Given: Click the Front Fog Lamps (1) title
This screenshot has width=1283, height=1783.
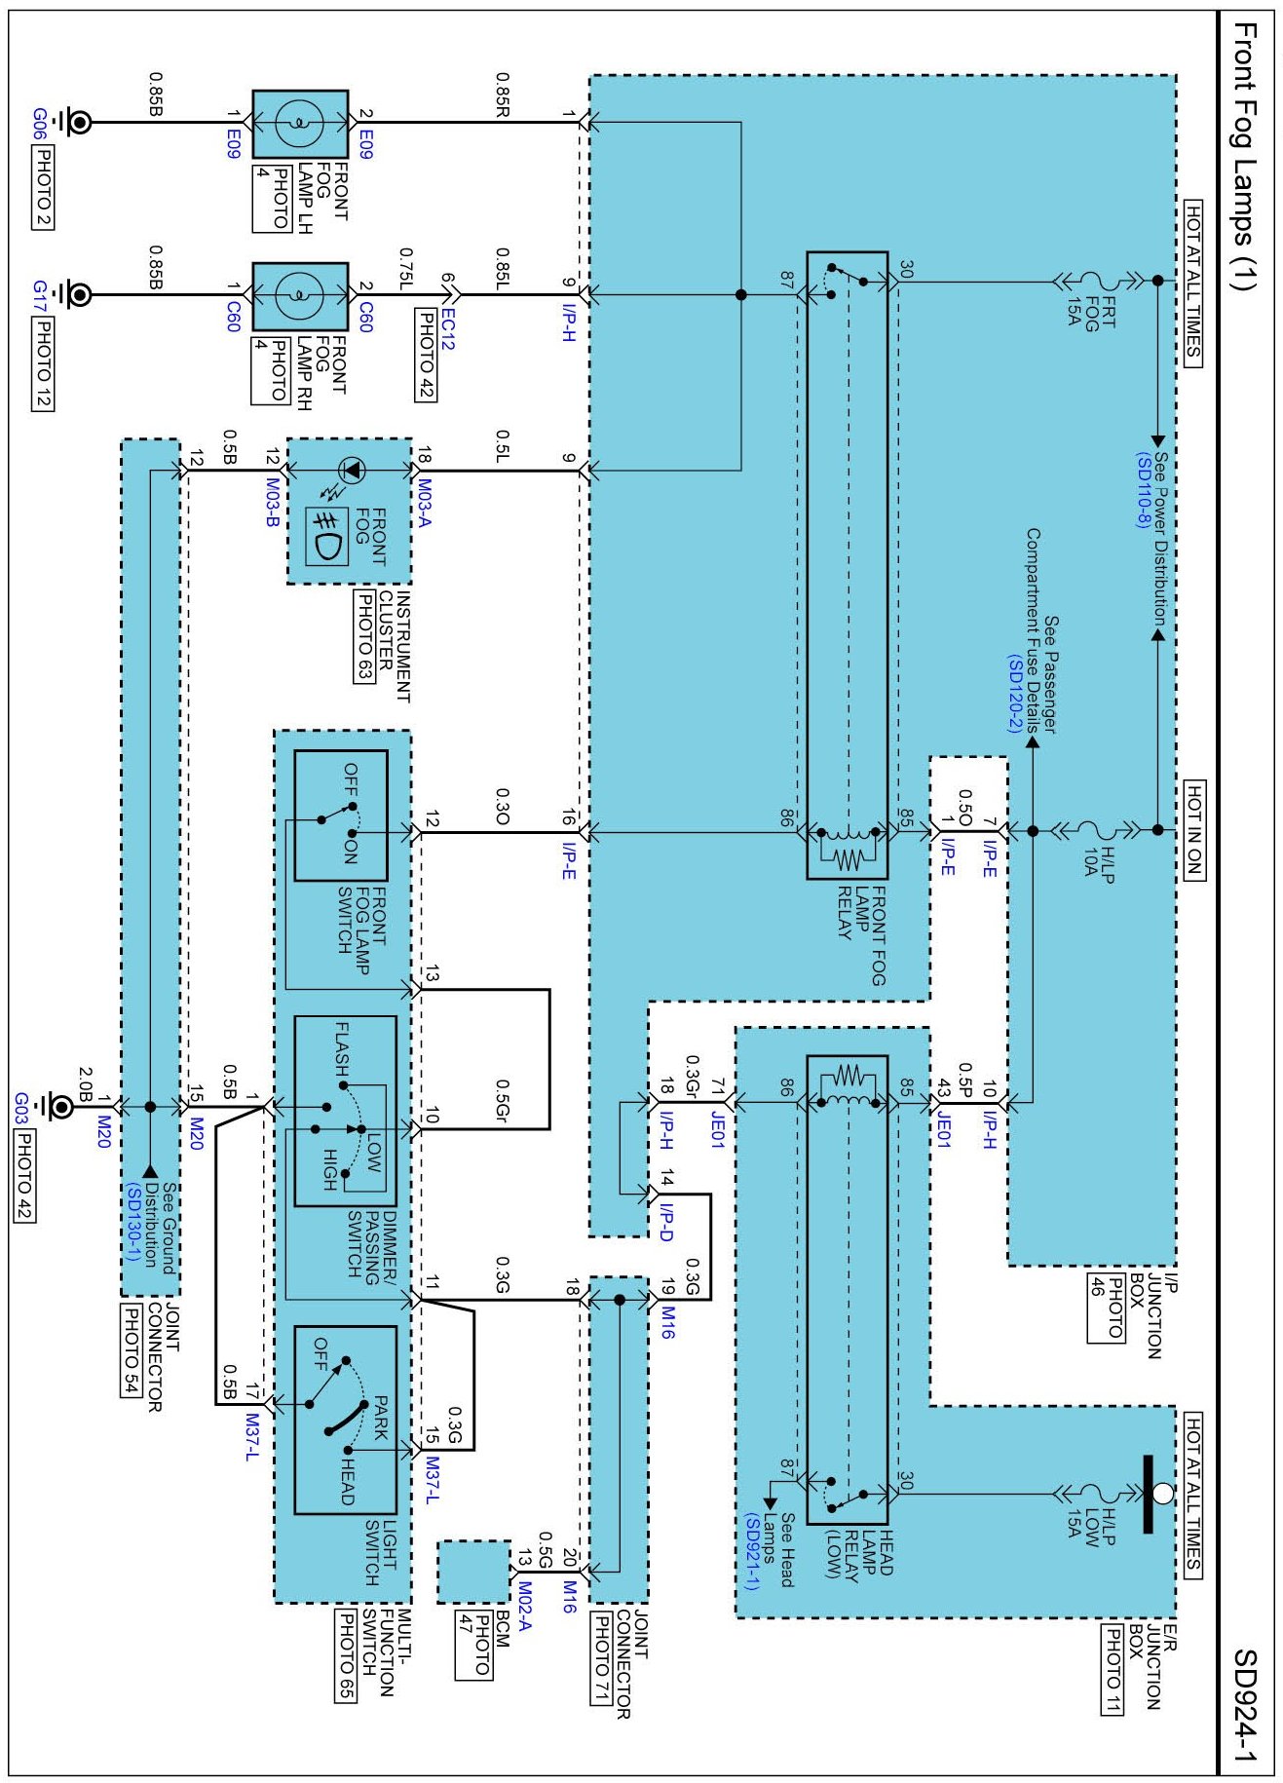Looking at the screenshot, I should [1245, 156].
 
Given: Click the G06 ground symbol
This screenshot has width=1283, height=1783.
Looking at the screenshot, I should [74, 123].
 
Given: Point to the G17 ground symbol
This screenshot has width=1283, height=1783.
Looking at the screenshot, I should [74, 294].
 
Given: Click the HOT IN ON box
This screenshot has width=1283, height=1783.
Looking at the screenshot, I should [1193, 830].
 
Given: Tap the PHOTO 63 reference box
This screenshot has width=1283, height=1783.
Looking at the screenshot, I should [362, 637].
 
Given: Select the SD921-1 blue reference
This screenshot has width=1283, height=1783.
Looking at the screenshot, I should [751, 1550].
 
